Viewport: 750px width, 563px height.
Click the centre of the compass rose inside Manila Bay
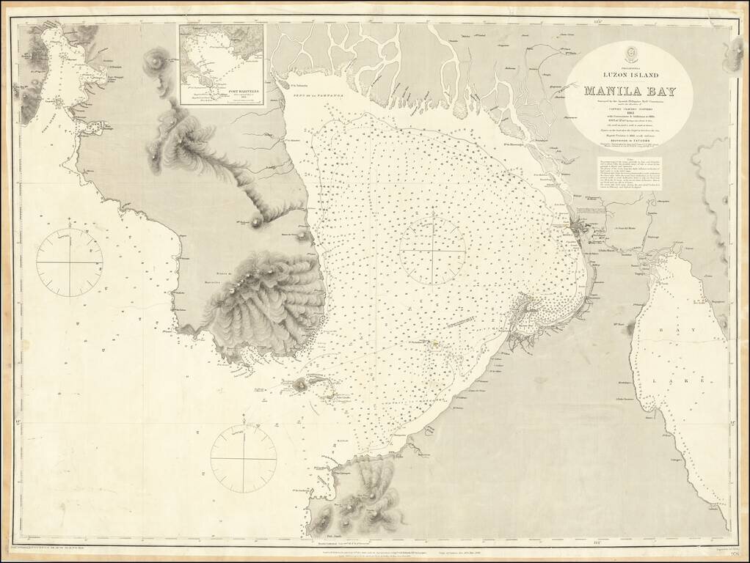433,251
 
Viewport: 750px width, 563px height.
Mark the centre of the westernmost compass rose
69,262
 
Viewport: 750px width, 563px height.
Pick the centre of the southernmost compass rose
244,459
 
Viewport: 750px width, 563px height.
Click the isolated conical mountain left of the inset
156,56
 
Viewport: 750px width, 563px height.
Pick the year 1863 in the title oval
630,113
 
